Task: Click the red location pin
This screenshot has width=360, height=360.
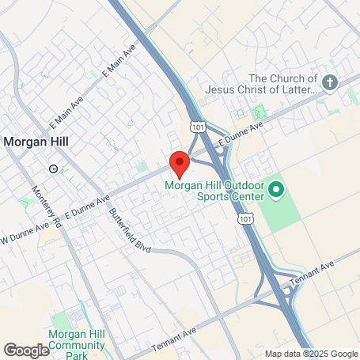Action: [x=180, y=162]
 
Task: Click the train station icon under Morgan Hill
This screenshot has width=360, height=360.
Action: [x=53, y=168]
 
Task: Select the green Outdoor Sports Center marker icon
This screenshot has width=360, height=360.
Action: [x=276, y=190]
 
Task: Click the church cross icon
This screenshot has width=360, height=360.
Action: [x=331, y=81]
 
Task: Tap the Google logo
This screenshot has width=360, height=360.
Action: [x=26, y=351]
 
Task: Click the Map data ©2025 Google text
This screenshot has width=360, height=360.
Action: [x=310, y=354]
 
